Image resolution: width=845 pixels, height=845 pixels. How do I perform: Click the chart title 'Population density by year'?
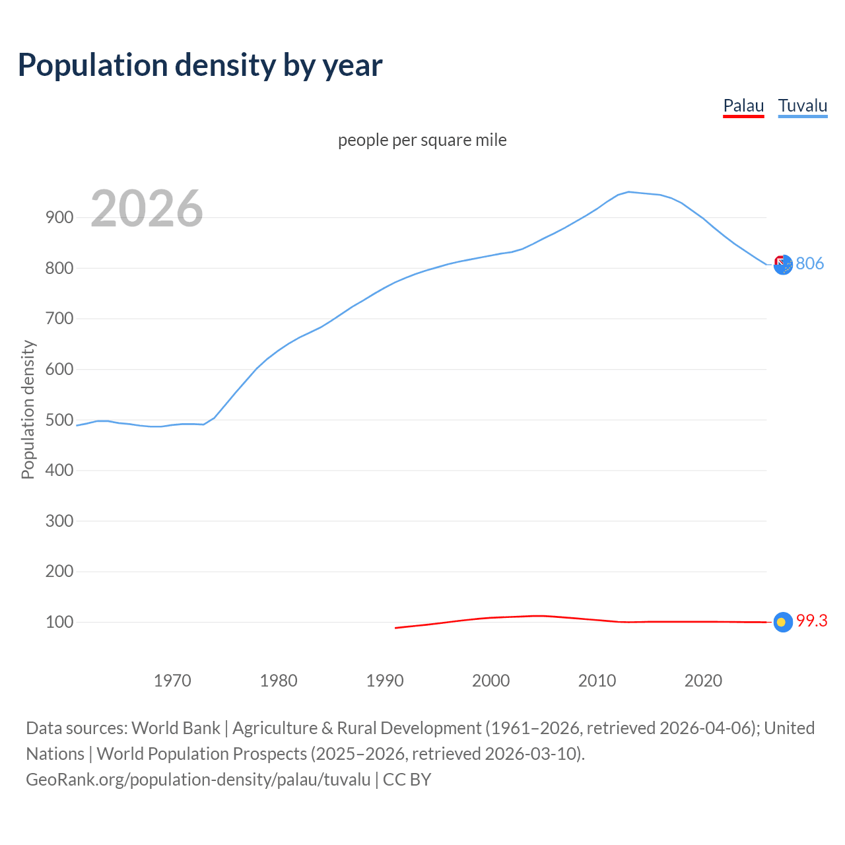[200, 65]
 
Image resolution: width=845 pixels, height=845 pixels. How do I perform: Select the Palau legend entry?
[743, 106]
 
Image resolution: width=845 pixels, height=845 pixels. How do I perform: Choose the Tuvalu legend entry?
[802, 106]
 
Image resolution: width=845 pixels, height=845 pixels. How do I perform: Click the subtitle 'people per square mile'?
[422, 140]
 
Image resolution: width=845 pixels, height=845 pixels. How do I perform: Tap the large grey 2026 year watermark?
[147, 209]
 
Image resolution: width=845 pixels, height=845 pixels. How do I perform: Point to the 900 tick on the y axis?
[59, 217]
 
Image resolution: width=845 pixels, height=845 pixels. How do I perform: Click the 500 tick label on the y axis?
[59, 420]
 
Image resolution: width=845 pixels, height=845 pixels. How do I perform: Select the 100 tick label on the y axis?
[59, 622]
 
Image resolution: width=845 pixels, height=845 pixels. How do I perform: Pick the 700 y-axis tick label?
[59, 318]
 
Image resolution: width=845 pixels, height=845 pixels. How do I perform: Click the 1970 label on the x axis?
[172, 681]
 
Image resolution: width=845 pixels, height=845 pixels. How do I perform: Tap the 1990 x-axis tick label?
[385, 681]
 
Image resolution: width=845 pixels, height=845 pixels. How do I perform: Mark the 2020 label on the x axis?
[703, 681]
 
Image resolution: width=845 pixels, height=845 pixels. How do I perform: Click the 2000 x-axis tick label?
[491, 681]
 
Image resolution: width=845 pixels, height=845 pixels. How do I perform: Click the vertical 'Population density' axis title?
[28, 409]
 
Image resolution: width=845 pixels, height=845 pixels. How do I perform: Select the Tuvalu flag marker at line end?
[783, 265]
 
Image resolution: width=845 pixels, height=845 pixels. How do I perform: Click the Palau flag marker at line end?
[783, 622]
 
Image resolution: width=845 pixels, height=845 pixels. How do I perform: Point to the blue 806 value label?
[810, 263]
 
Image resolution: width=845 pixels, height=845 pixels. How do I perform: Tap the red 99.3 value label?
[811, 621]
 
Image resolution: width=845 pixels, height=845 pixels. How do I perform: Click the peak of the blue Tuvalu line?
[628, 192]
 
